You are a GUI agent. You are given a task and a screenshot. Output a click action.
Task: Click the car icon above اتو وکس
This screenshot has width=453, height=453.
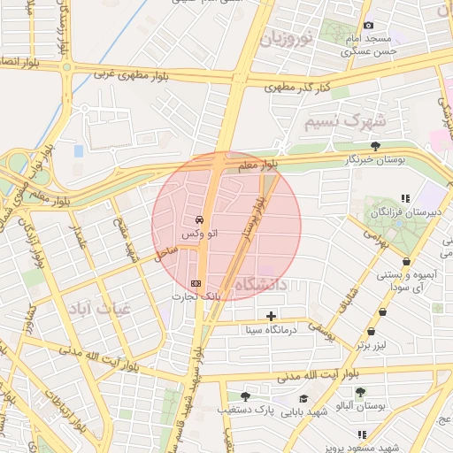click(199, 219)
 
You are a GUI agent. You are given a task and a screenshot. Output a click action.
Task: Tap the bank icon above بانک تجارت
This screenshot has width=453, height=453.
click(196, 283)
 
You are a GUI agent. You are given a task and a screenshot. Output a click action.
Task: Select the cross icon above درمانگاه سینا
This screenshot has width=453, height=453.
click(271, 316)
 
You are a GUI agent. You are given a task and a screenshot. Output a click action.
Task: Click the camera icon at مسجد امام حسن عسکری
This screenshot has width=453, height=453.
click(369, 25)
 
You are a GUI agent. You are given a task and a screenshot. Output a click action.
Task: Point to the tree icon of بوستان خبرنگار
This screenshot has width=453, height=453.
click(376, 145)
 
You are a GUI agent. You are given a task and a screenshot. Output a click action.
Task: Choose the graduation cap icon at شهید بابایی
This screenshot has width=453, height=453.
click(303, 398)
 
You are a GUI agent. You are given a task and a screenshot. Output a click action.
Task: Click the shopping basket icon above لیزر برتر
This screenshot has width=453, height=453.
click(383, 311)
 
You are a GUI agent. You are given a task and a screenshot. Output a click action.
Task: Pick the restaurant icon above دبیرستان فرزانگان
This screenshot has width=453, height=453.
click(405, 198)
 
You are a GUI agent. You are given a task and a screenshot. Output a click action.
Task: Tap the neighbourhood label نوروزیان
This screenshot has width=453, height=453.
click(287, 38)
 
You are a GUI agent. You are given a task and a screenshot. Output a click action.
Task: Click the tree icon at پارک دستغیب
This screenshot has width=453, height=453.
click(245, 396)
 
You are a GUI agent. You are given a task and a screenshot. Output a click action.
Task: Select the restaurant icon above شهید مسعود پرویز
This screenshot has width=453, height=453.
click(362, 434)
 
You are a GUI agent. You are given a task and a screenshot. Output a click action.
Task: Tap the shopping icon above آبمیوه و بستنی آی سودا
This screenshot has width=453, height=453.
click(406, 262)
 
